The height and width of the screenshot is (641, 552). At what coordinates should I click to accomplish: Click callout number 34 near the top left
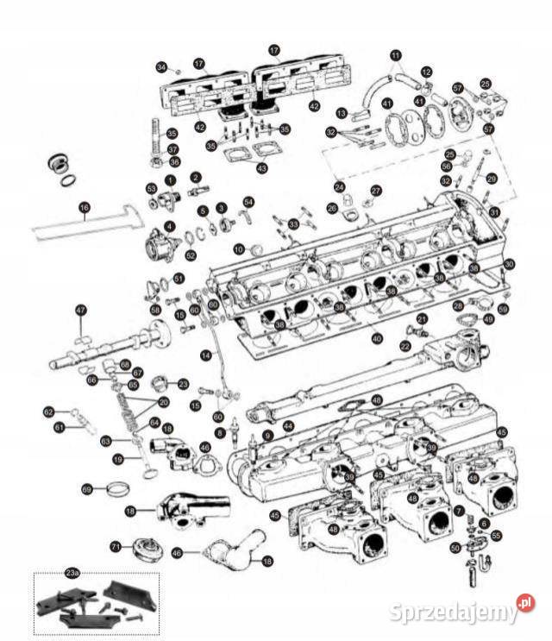point(161,66)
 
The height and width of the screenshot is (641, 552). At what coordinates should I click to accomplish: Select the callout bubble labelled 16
point(85,207)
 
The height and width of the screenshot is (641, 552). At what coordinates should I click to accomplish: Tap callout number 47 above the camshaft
point(81,310)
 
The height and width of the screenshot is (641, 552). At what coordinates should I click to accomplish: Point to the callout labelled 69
point(87,489)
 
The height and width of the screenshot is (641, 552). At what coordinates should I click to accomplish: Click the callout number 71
point(116,546)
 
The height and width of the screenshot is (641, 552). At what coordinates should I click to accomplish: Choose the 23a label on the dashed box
point(72,572)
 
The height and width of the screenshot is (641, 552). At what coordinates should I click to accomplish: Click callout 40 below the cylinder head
point(377,339)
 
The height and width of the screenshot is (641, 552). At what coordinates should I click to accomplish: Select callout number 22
point(405,345)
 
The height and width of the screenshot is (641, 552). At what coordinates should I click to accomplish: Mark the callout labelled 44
point(289,425)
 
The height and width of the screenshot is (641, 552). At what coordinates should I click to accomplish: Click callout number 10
point(239,248)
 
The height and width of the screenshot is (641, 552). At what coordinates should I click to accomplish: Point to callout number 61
point(60,427)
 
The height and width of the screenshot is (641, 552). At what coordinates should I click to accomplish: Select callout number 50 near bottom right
point(455,547)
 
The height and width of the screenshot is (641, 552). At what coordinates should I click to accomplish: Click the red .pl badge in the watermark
point(525,603)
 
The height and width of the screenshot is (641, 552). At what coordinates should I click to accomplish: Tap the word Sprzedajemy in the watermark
point(452,612)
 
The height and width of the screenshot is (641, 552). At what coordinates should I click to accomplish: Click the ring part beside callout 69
point(118,491)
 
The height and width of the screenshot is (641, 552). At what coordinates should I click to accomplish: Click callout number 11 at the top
point(396,56)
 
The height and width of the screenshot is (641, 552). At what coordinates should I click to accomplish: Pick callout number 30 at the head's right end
point(509,263)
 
